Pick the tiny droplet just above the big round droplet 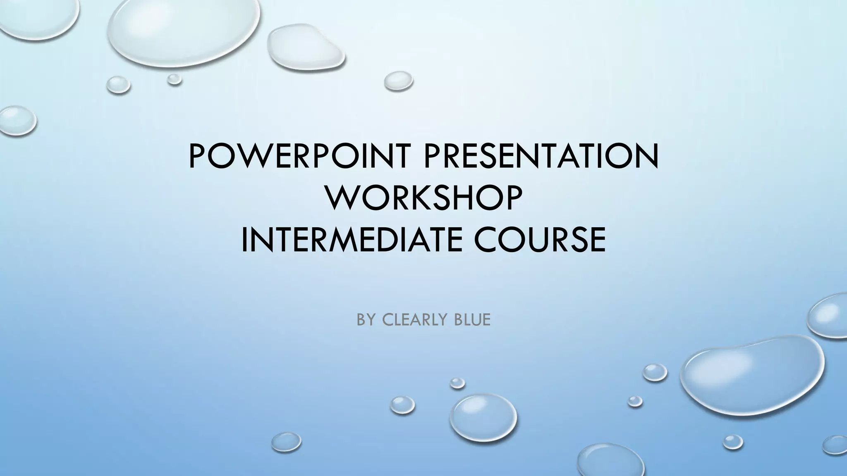[457, 383]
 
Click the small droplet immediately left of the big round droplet [402, 405]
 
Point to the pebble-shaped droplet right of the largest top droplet [305, 48]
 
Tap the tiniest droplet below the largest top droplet [175, 79]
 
